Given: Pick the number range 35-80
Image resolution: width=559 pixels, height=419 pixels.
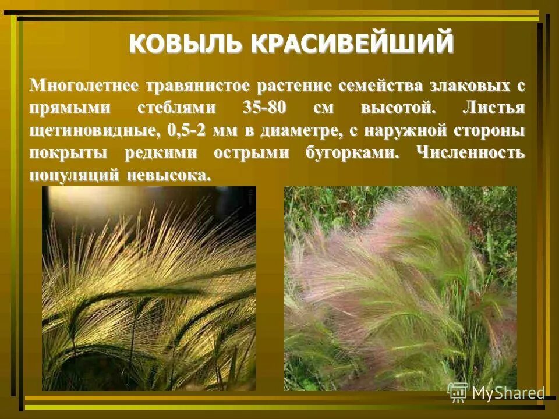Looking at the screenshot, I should [266, 109].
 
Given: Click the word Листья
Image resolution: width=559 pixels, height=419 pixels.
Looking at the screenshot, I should [494, 109].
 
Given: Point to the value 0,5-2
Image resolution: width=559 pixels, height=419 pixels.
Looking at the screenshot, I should [187, 131].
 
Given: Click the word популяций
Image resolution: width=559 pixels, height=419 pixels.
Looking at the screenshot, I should [74, 175].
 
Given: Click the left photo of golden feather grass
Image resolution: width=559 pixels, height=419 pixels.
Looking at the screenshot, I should [149, 288].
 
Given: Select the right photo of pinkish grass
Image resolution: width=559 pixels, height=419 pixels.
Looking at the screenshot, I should [400, 288].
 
